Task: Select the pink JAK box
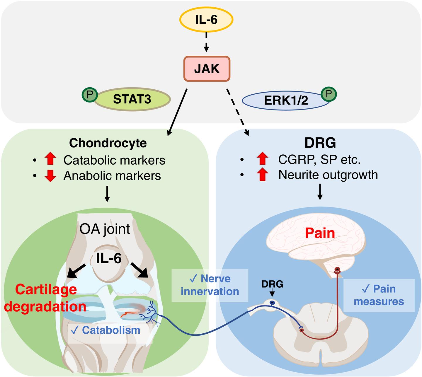pos(207,69)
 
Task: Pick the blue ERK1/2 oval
pos(282,100)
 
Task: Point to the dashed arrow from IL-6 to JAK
pos(206,41)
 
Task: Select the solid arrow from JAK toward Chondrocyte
pos(177,113)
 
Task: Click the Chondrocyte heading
pos(108,143)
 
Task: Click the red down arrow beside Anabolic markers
pos(50,175)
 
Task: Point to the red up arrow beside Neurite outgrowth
pos(262,175)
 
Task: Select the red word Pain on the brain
pos(320,233)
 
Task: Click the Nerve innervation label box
pos(210,285)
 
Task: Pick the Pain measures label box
pos(379,295)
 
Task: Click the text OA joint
pos(105,229)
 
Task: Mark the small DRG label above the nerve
pos(272,284)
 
